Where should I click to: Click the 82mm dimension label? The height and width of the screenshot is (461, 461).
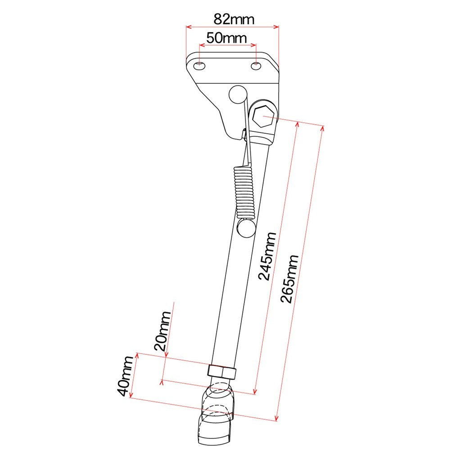coord(234,19)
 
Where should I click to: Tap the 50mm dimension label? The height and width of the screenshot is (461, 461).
coord(226,38)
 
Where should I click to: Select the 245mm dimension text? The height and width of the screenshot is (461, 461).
coord(267,256)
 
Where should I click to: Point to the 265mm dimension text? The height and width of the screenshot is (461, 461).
coord(289,279)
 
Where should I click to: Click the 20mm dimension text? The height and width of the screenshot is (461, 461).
coord(163,331)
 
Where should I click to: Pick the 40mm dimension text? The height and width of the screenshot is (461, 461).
coord(125,376)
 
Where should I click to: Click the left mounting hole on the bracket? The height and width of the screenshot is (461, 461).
coord(199,66)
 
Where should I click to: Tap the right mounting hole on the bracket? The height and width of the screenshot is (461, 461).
coord(256,66)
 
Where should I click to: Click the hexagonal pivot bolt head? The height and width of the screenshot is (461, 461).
coord(263,117)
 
